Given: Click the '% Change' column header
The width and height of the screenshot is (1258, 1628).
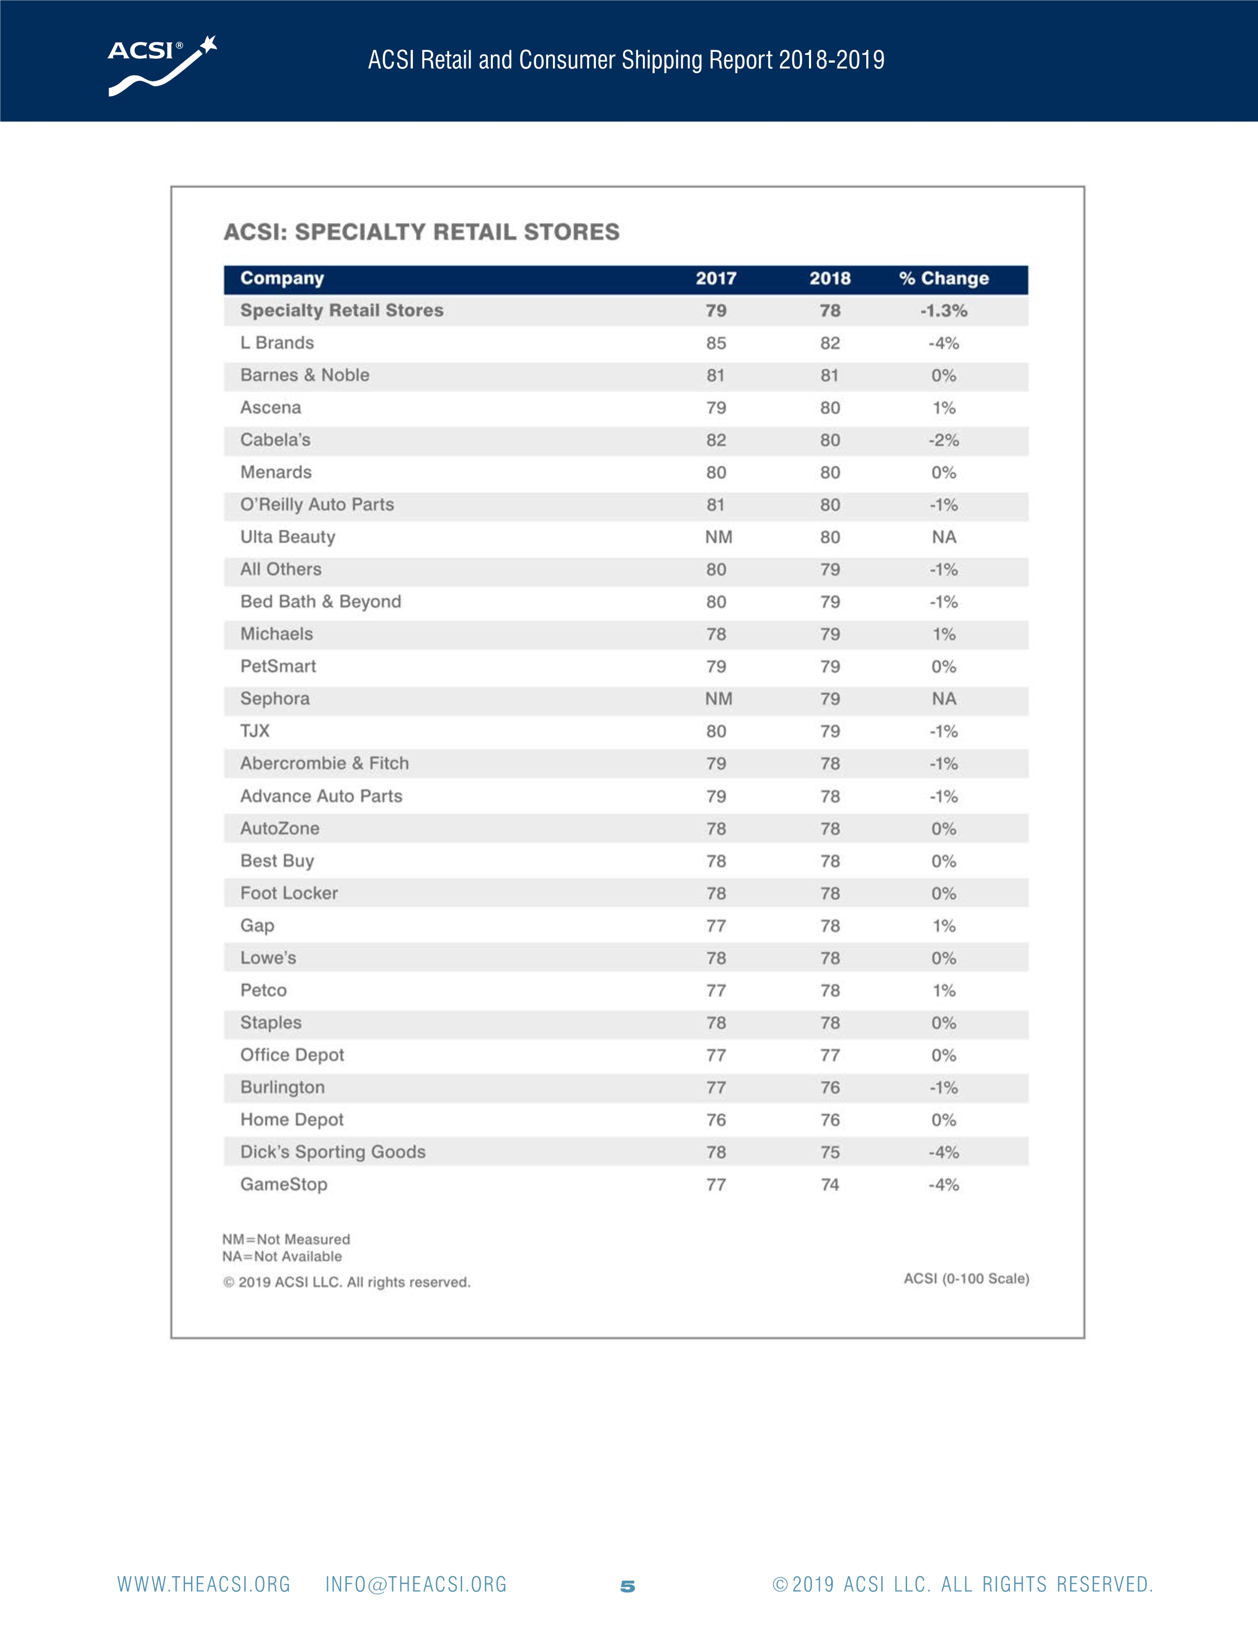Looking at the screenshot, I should click(943, 279).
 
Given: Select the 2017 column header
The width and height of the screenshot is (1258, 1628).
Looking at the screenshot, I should click(715, 279).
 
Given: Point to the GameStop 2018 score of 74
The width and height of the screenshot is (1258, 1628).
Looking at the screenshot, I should click(829, 1184).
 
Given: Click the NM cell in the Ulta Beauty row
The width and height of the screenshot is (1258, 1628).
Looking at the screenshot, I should click(718, 537).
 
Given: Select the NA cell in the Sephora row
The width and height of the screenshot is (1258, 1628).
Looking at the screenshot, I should click(943, 699).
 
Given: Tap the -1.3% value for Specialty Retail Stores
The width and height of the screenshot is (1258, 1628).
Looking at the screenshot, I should click(943, 311).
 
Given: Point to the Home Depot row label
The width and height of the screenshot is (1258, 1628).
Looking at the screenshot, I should click(292, 1120).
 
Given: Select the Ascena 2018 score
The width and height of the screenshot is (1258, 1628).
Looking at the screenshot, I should click(829, 408).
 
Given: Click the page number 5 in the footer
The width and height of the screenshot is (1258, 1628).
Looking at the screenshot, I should click(628, 1586).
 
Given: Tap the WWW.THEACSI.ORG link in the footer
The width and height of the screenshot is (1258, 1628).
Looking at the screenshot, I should click(203, 1585).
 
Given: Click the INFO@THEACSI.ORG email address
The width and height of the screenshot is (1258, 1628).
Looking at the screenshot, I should click(416, 1585).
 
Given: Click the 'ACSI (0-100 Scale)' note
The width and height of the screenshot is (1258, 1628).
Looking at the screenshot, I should click(966, 1278).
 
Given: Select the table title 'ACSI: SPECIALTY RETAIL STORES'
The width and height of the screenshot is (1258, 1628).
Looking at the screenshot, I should click(422, 232).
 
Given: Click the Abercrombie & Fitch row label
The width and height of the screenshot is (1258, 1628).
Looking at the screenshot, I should click(324, 763).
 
